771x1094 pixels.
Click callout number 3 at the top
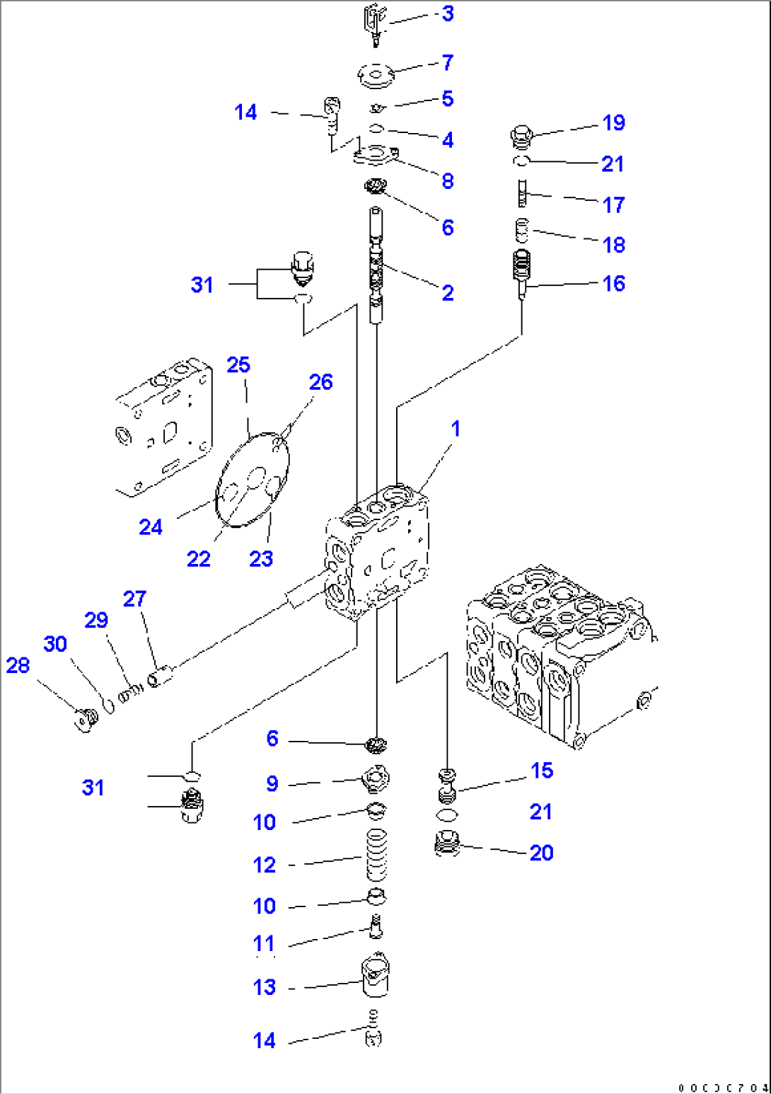448,14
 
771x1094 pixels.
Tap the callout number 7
448,63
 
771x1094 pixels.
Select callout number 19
613,123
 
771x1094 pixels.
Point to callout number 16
613,284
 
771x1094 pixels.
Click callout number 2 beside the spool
448,293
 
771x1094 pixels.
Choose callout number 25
238,365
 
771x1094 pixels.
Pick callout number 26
320,382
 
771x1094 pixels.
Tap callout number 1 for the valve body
456,429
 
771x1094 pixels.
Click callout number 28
18,665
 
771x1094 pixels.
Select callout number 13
265,987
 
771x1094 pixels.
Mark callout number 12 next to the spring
265,865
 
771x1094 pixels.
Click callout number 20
542,853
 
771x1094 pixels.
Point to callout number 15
542,771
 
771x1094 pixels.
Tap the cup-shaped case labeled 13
376,977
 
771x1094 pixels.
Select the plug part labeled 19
521,134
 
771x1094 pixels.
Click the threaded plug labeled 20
446,843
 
